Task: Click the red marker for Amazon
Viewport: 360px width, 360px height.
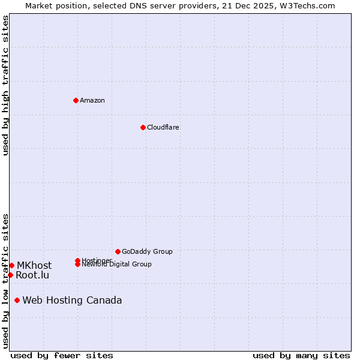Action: tap(76, 100)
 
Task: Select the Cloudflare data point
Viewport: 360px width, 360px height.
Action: tap(143, 127)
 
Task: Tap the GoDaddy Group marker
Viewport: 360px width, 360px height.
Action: tap(118, 251)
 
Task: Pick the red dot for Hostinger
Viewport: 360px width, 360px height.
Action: tap(77, 260)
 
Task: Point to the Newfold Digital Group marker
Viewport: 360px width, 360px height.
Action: tap(77, 265)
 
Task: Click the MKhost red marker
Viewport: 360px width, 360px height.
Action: tap(11, 265)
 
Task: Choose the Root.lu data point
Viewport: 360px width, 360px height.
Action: tap(10, 275)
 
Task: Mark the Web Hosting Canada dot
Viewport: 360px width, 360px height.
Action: tap(17, 300)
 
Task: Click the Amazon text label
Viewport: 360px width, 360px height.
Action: tap(92, 100)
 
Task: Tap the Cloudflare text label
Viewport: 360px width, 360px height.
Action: tap(163, 127)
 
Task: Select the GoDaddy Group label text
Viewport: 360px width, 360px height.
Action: tap(147, 251)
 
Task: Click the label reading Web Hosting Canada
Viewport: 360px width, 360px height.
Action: tap(72, 300)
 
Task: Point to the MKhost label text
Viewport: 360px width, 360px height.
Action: tap(34, 265)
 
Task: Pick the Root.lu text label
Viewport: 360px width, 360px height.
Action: tap(32, 275)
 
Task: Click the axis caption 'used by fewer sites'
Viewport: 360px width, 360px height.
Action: tap(62, 355)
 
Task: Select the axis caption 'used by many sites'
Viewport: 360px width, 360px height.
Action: tap(301, 355)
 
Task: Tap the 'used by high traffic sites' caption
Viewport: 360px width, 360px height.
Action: tap(5, 85)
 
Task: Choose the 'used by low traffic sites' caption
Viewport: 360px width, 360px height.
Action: tap(5, 280)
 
